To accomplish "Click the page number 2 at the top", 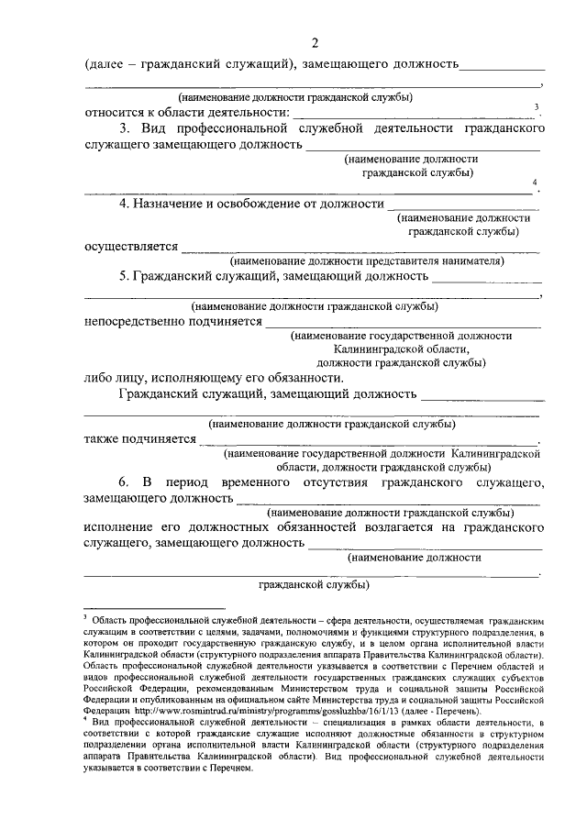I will (x=315, y=42).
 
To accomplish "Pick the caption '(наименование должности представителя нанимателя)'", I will (x=369, y=260).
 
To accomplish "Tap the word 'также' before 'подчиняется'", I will (x=104, y=438).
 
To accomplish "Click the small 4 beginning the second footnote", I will (x=86, y=722).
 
